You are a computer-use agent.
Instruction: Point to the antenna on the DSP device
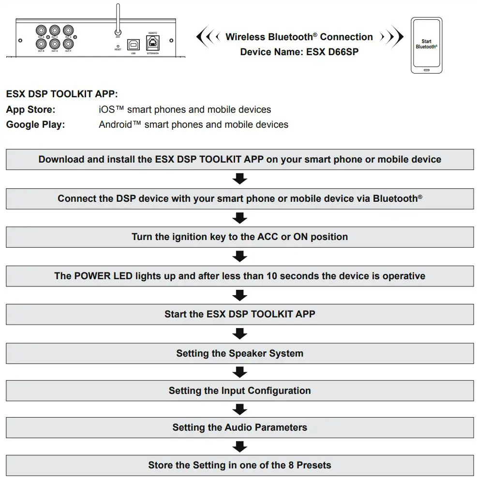[x=118, y=19]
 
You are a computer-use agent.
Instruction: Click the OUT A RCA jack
[x=41, y=31]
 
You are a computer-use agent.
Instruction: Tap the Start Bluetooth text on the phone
[x=426, y=44]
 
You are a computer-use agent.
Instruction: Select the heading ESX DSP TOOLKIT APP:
[x=62, y=94]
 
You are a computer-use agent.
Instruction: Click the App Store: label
[x=30, y=109]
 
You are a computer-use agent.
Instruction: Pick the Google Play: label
[x=35, y=124]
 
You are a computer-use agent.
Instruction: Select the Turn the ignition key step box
[x=239, y=237]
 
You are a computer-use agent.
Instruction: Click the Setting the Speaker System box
[x=239, y=353]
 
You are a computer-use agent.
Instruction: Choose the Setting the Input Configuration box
[x=239, y=390]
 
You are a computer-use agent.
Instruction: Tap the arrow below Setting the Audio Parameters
[x=239, y=446]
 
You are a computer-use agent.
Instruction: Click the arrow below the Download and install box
[x=239, y=179]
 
